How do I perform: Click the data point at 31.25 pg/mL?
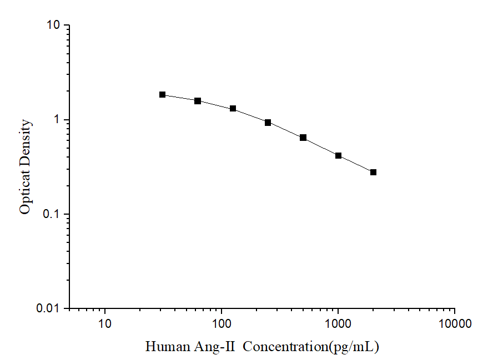(163, 95)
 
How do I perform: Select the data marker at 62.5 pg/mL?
(198, 101)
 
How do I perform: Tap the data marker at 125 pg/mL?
(233, 109)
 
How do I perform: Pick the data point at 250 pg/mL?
(268, 123)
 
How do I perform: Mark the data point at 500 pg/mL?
(303, 138)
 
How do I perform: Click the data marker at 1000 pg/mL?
(338, 156)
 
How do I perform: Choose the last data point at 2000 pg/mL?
(373, 173)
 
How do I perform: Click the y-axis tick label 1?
(58, 120)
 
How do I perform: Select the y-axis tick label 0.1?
(52, 215)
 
